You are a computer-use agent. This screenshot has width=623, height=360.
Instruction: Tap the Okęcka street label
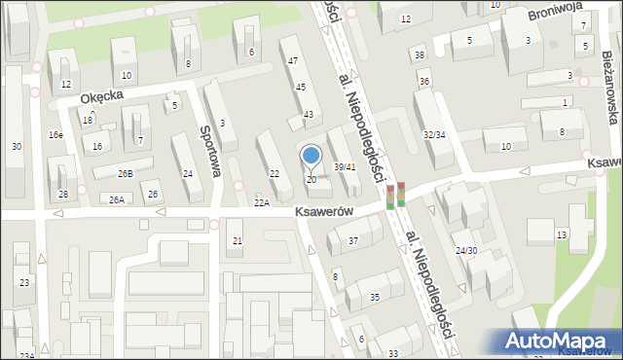pyautogui.click(x=102, y=96)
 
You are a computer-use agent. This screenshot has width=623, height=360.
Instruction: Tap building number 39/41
pyautogui.click(x=345, y=166)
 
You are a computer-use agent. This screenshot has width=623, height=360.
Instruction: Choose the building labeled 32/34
pyautogui.click(x=434, y=134)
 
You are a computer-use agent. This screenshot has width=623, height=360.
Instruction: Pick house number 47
pyautogui.click(x=292, y=61)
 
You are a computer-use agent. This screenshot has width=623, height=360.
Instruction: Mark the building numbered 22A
pyautogui.click(x=261, y=202)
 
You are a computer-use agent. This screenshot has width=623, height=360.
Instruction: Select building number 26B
pyautogui.click(x=126, y=173)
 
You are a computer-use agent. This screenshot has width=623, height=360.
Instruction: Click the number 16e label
pyautogui.click(x=56, y=135)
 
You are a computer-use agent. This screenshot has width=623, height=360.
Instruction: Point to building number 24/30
pyautogui.click(x=465, y=250)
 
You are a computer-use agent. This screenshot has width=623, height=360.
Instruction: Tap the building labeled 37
pyautogui.click(x=353, y=240)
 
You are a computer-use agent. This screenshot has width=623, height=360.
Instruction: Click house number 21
pyautogui.click(x=237, y=239)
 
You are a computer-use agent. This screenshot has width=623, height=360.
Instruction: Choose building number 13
pyautogui.click(x=562, y=234)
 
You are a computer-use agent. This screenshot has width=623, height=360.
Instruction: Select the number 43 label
pyautogui.click(x=308, y=115)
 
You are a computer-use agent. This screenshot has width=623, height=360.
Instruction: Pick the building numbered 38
pyautogui.click(x=419, y=54)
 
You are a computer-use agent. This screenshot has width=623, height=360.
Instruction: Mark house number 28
pyautogui.click(x=63, y=195)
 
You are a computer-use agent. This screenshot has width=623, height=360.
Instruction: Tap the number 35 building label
pyautogui.click(x=375, y=297)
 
